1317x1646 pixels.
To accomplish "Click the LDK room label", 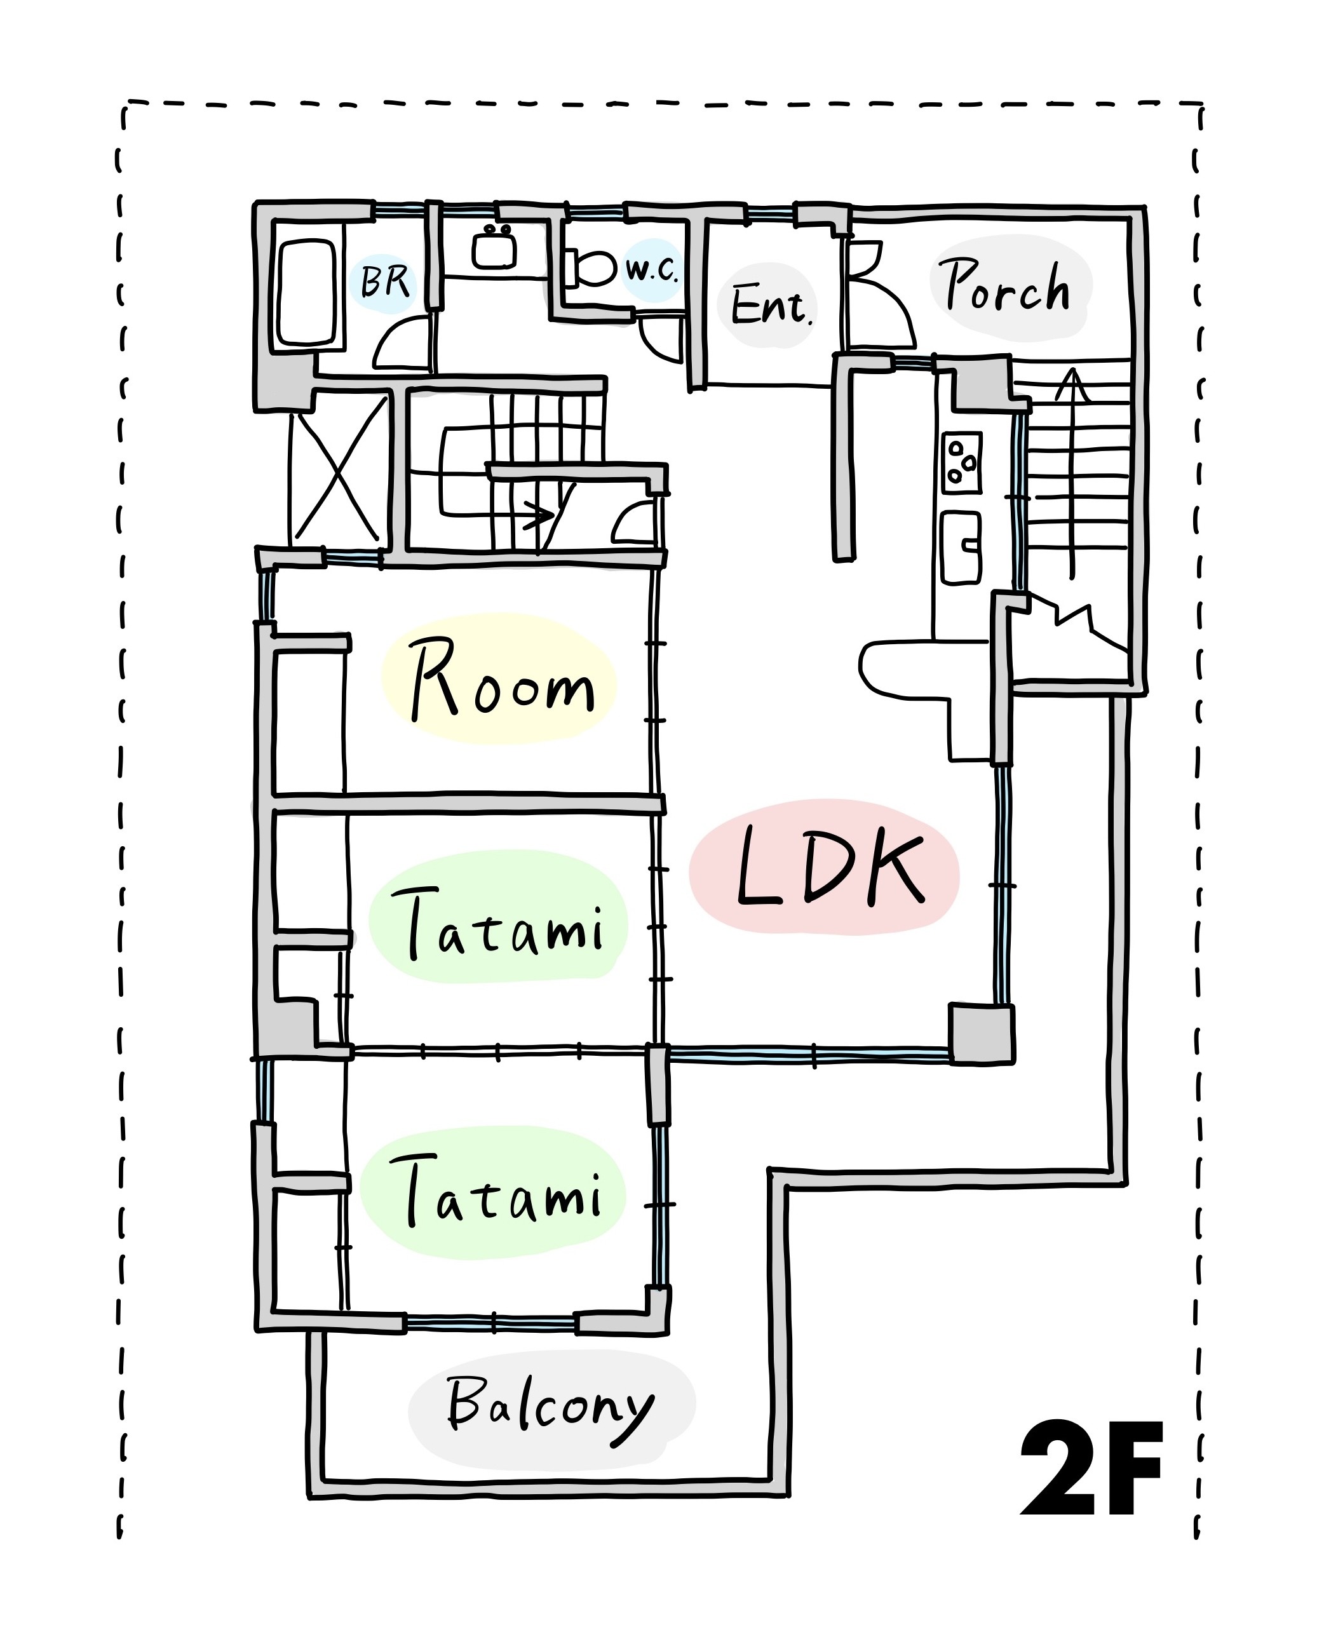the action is click(x=830, y=867).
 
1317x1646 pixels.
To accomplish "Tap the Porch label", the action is click(x=1006, y=287).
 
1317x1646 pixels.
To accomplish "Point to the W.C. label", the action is click(x=652, y=269).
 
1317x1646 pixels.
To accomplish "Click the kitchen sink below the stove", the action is click(x=961, y=548).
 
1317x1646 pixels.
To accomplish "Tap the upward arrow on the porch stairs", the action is click(x=1072, y=473).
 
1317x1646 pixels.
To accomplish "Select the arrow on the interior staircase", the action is click(x=496, y=481).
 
